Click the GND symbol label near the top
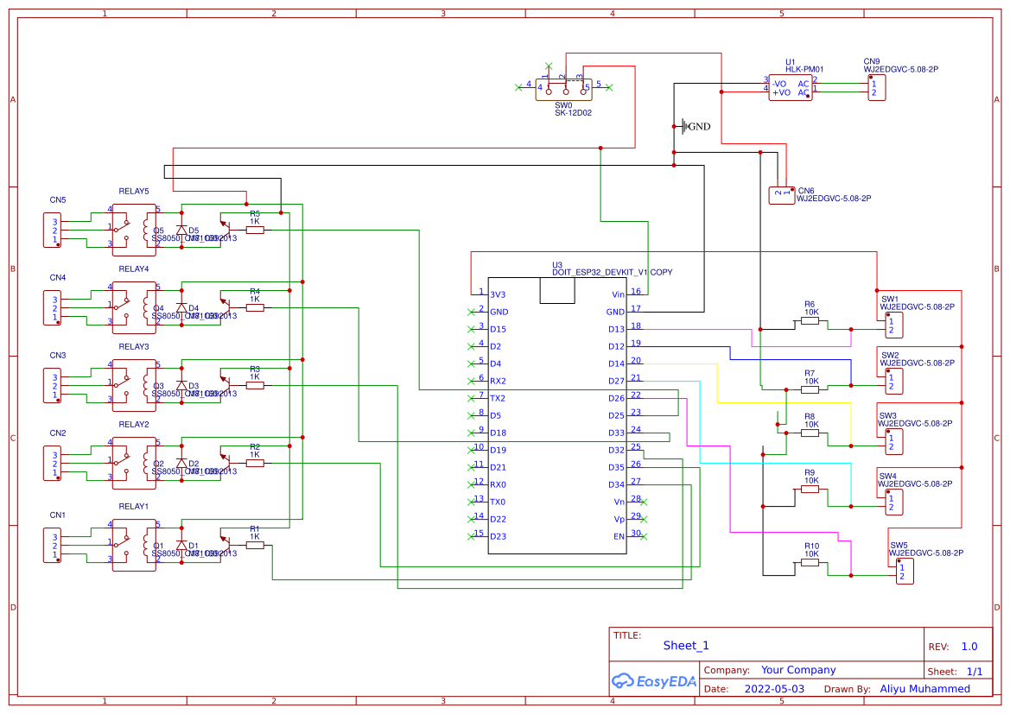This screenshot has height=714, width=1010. pyautogui.click(x=698, y=127)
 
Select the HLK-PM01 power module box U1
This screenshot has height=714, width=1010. pyautogui.click(x=790, y=88)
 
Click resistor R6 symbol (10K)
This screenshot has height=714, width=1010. pyautogui.click(x=810, y=320)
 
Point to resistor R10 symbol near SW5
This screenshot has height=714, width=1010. pyautogui.click(x=810, y=562)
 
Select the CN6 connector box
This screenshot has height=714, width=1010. pyautogui.click(x=782, y=195)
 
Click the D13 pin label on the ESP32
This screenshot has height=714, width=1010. pyautogui.click(x=615, y=329)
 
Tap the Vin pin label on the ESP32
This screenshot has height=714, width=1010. pyautogui.click(x=617, y=294)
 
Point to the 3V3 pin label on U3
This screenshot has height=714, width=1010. pyautogui.click(x=499, y=294)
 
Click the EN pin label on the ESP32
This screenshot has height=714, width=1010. pyautogui.click(x=619, y=536)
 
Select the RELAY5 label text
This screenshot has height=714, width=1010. pyautogui.click(x=133, y=191)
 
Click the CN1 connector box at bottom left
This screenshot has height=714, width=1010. pyautogui.click(x=53, y=546)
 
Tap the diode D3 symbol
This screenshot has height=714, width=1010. pyautogui.click(x=181, y=385)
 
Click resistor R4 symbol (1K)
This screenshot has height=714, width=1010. pyautogui.click(x=255, y=306)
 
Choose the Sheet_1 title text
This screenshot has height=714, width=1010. pyautogui.click(x=686, y=645)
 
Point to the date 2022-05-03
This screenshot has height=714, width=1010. pyautogui.click(x=773, y=689)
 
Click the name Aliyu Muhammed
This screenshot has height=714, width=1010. pyautogui.click(x=924, y=689)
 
